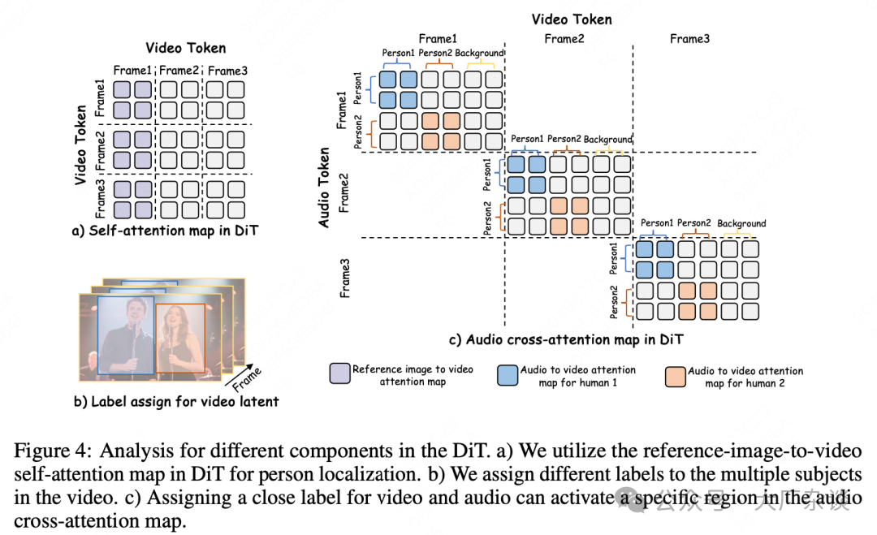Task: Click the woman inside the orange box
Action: click(x=179, y=338)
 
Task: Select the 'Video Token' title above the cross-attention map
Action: click(x=572, y=19)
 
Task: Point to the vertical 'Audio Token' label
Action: click(x=325, y=188)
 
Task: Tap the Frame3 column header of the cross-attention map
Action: click(x=689, y=38)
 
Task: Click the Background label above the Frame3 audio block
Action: click(x=741, y=224)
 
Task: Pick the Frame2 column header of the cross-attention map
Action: click(x=564, y=38)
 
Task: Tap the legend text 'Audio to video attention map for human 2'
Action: click(x=745, y=377)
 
